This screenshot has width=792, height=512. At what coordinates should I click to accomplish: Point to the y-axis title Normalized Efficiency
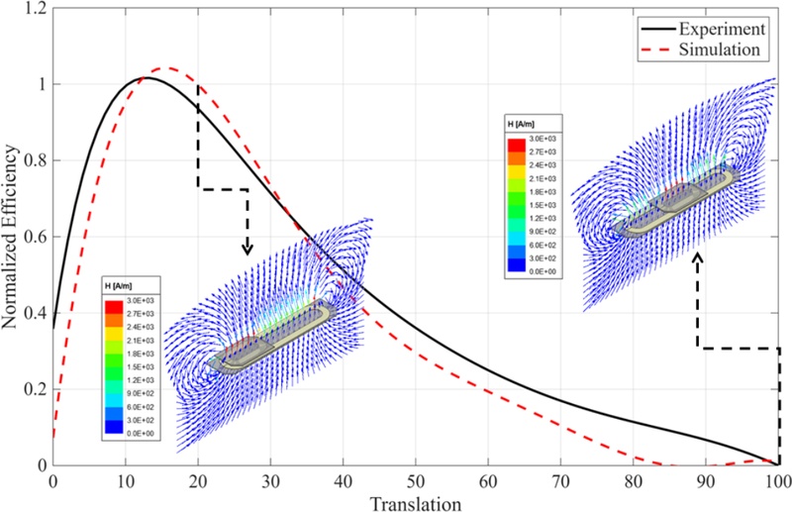coord(12,237)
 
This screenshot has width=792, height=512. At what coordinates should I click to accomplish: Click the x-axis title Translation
coord(415,503)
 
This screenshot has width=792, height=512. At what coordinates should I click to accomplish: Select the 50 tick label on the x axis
coord(416,480)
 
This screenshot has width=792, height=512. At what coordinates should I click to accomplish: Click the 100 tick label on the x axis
coord(778,480)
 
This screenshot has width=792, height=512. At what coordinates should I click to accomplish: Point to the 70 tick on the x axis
coord(561,480)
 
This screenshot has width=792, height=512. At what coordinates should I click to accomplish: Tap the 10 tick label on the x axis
coord(125,480)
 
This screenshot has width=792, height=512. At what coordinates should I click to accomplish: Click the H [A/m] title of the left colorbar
coord(118,285)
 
